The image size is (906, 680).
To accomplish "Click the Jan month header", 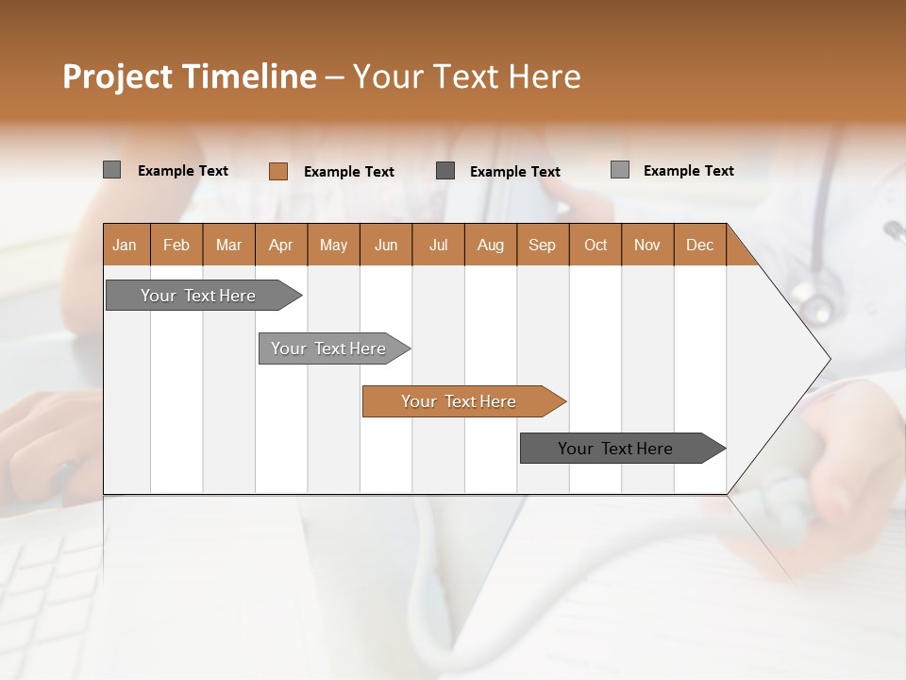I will pyautogui.click(x=125, y=246).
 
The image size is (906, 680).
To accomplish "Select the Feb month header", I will pyautogui.click(x=176, y=246).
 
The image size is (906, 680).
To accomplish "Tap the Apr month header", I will pyautogui.click(x=280, y=246).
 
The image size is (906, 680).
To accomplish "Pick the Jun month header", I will pyautogui.click(x=386, y=246).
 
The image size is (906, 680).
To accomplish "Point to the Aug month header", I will pyautogui.click(x=490, y=246).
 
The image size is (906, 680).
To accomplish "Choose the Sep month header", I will pyautogui.click(x=542, y=246).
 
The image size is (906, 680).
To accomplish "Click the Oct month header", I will pyautogui.click(x=596, y=246).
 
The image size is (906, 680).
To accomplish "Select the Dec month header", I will pyautogui.click(x=699, y=246).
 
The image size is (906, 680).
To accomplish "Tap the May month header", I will pyautogui.click(x=333, y=246).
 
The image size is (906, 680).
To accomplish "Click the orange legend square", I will pyautogui.click(x=277, y=171).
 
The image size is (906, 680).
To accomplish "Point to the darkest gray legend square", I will pyautogui.click(x=445, y=171).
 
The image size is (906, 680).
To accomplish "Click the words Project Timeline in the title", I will pyautogui.click(x=189, y=76).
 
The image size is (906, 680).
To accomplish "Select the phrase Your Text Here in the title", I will pyautogui.click(x=466, y=76).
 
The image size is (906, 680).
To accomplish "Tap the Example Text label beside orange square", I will pyautogui.click(x=349, y=172).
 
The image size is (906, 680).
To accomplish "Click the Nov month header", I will pyautogui.click(x=646, y=246).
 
